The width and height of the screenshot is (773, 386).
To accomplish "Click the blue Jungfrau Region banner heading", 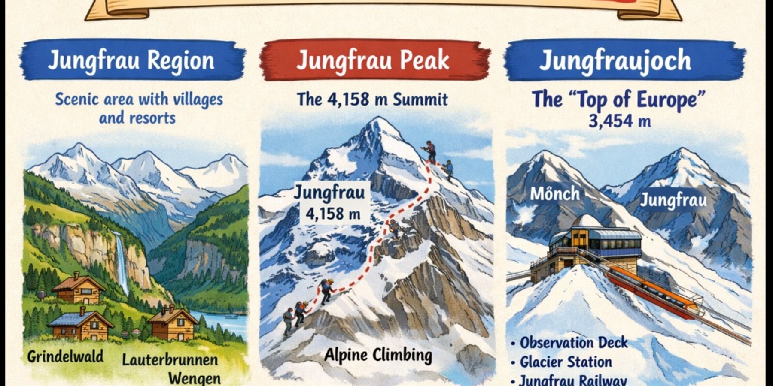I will click(x=131, y=60).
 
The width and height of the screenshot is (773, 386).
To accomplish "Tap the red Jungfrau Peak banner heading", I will click(x=373, y=60).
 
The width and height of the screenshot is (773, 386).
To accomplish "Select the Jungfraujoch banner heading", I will click(x=615, y=60).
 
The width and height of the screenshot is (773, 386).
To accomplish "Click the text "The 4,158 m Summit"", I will click(x=372, y=100).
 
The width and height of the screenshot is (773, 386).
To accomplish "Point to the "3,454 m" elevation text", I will click(x=619, y=121).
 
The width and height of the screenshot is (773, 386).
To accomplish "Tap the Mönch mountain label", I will click(x=554, y=194).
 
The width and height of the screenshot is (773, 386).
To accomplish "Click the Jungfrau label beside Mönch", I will click(x=673, y=200).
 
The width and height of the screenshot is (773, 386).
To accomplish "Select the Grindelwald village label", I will click(x=65, y=356).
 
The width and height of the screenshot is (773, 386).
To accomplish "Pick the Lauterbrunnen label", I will click(x=170, y=359).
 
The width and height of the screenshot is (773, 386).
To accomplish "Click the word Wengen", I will click(x=194, y=378).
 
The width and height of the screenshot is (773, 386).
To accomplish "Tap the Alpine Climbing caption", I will click(x=378, y=355).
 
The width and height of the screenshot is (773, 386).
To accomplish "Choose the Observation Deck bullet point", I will click(x=574, y=343).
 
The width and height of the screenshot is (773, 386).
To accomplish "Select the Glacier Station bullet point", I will click(x=566, y=362).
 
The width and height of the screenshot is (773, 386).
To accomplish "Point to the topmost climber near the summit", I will click(x=430, y=151).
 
